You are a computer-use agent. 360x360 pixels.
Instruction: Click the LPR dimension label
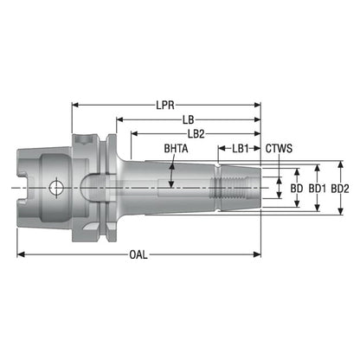[165, 105]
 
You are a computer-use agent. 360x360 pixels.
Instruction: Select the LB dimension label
[189, 119]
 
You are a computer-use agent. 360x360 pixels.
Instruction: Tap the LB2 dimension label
[196, 134]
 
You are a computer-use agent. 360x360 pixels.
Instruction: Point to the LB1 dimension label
[241, 149]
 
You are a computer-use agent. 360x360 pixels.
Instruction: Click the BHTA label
[176, 149]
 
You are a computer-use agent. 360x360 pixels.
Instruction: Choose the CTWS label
[279, 149]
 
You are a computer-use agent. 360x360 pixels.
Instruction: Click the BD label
[297, 189]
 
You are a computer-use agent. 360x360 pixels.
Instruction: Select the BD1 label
[318, 189]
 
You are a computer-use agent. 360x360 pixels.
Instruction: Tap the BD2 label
[340, 189]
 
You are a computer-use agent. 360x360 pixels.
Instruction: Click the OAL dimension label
[138, 254]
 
